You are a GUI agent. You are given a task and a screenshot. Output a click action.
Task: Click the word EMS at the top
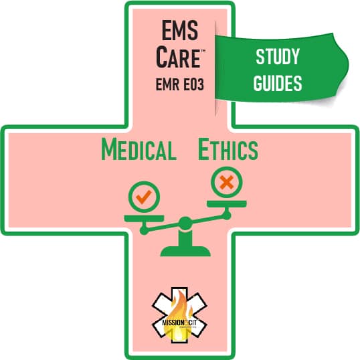coord(180,30)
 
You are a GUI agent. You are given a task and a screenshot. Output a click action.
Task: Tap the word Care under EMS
coord(178,57)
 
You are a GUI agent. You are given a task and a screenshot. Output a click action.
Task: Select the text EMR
coord(167,84)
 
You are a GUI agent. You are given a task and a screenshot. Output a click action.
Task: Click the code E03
coord(193,84)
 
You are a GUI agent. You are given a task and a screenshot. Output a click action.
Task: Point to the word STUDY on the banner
coord(278,56)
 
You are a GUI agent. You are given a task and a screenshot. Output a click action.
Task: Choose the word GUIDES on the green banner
coord(278,83)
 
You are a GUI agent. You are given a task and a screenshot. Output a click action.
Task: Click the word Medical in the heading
coord(139,149)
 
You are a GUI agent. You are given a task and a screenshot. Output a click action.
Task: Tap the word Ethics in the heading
coord(228,149)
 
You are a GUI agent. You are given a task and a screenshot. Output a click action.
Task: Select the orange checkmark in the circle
coord(143,197)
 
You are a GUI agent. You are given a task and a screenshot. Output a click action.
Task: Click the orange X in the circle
coord(227,182)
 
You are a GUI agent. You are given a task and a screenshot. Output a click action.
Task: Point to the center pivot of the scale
coord(185,223)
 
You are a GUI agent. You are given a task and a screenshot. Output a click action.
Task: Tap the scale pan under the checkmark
coord(144,218)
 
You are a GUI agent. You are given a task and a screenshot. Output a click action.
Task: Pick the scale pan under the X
coord(227,203)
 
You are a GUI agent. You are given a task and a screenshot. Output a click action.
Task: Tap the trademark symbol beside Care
coord(203,51)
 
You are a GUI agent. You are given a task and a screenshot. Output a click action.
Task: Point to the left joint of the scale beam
coord(144,230)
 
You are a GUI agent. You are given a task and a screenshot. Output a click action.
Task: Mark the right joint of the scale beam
coord(227,215)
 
